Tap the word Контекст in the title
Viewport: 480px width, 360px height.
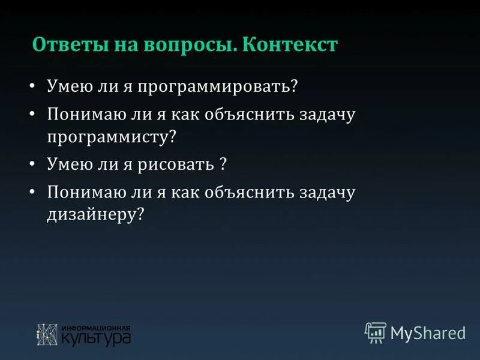click(290, 45)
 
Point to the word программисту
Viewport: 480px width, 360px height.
click(112, 137)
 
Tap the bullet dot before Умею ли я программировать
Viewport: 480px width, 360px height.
click(33, 86)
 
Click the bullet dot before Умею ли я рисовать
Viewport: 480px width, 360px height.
click(33, 163)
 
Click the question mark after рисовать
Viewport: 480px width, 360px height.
click(222, 164)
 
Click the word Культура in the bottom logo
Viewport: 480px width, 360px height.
click(96, 338)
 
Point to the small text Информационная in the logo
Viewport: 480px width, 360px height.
click(96, 328)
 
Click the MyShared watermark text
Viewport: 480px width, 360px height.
click(428, 332)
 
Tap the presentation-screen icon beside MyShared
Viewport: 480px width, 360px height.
click(375, 332)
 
